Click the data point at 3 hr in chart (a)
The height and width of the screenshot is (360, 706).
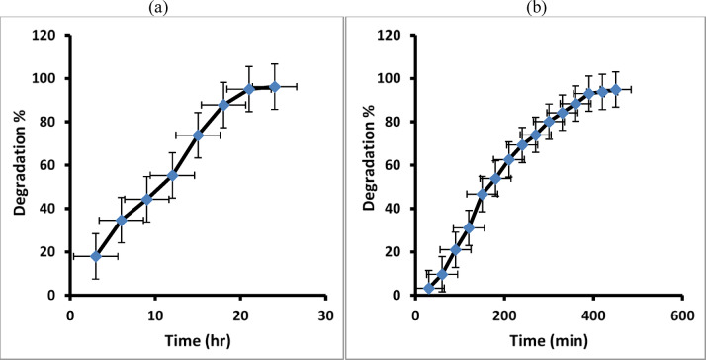click(x=96, y=256)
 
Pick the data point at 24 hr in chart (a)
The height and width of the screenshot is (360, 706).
click(x=274, y=87)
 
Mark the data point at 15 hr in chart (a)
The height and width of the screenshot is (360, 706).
click(x=198, y=135)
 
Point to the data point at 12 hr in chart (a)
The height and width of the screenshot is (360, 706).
click(x=172, y=175)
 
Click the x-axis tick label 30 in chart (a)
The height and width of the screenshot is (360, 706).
click(x=325, y=314)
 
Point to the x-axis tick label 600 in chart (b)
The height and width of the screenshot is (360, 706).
click(x=680, y=314)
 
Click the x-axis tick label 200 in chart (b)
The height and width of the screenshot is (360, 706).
click(x=503, y=314)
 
